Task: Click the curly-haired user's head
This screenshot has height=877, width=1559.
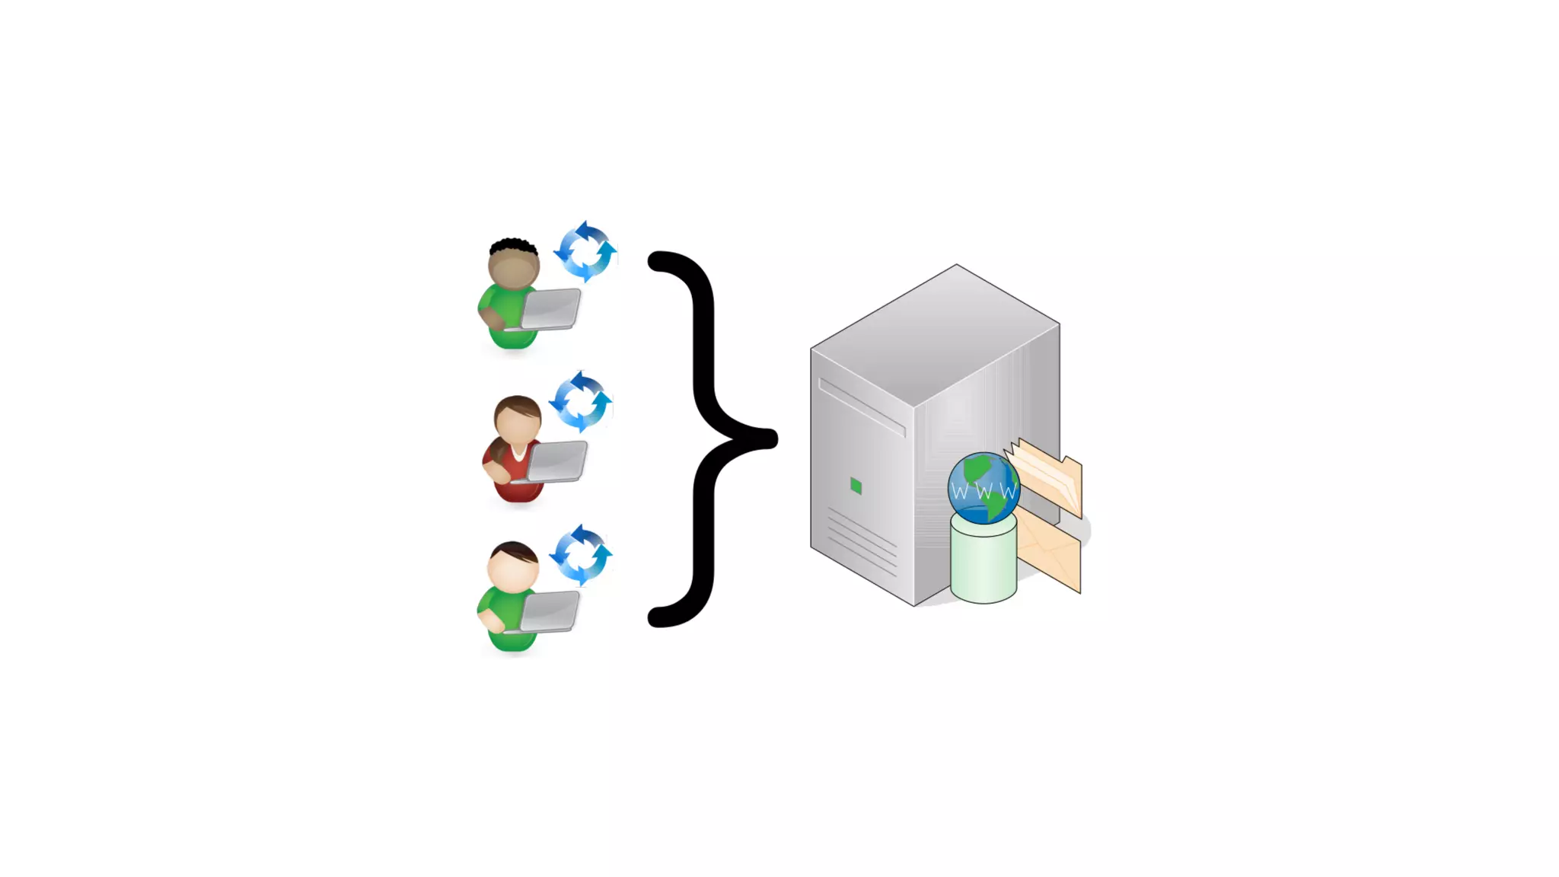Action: point(514,265)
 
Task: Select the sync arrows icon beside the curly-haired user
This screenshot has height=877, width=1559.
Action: point(585,251)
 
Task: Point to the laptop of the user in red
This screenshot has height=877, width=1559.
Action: point(557,461)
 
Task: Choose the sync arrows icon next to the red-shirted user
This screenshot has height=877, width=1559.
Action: point(581,401)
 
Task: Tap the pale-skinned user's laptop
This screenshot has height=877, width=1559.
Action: point(550,611)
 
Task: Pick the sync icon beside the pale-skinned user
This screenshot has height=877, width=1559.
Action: point(581,554)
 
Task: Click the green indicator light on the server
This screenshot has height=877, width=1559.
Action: point(856,486)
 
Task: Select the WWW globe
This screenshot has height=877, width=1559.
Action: point(983,488)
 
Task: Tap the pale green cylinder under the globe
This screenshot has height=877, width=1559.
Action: point(983,563)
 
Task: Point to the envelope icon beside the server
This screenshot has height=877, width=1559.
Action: point(1050,551)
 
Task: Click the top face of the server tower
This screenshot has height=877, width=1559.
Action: point(936,335)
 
